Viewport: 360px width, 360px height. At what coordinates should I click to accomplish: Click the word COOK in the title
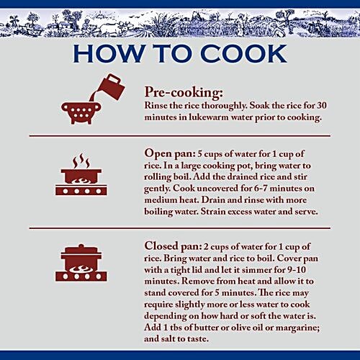coord(243,53)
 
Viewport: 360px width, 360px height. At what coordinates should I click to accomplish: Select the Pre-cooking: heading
coord(184,93)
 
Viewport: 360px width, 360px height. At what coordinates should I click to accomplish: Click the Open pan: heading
coord(170,154)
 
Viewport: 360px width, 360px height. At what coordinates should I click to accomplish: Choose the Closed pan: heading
coord(173,246)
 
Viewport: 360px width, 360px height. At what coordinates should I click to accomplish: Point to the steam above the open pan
coord(81,161)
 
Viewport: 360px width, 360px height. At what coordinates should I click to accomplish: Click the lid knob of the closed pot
coord(81,246)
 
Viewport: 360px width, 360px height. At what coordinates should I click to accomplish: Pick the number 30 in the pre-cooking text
coord(322,105)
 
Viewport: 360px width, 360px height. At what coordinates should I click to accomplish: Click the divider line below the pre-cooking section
coord(180,136)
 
